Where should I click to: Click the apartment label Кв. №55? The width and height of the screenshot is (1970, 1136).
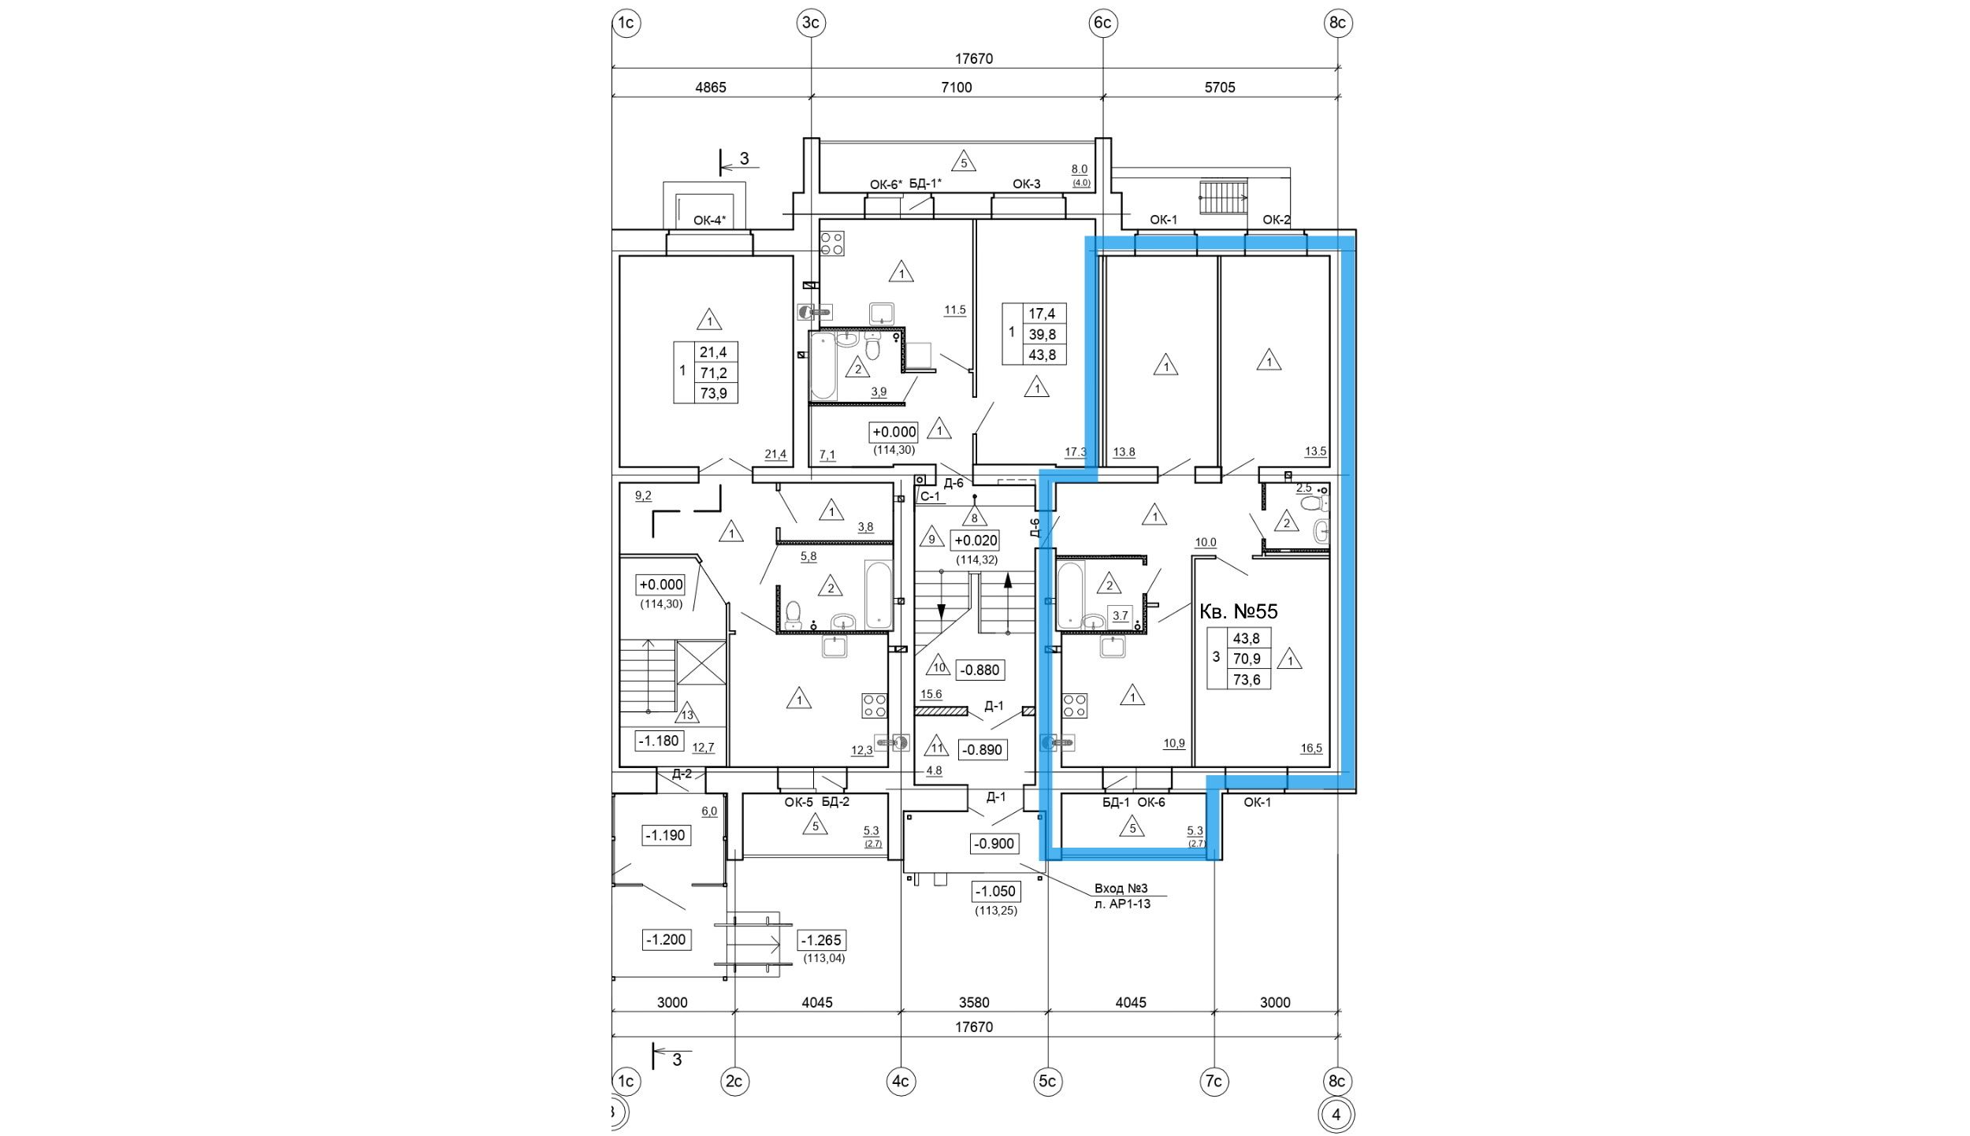pyautogui.click(x=1238, y=611)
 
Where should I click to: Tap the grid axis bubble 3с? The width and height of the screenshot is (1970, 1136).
pyautogui.click(x=811, y=24)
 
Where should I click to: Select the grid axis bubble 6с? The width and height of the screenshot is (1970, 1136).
pyautogui.click(x=1102, y=24)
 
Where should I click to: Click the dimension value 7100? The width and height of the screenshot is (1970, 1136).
pyautogui.click(x=956, y=87)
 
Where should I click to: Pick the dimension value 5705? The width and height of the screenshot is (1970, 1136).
pyautogui.click(x=1220, y=87)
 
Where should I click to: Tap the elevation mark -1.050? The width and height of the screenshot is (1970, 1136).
pyautogui.click(x=996, y=892)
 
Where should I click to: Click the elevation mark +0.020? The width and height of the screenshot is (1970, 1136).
pyautogui.click(x=976, y=540)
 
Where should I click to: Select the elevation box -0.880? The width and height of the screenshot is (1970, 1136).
pyautogui.click(x=980, y=670)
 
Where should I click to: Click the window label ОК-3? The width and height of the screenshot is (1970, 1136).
pyautogui.click(x=1026, y=184)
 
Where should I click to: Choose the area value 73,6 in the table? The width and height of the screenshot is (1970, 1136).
pyautogui.click(x=1246, y=679)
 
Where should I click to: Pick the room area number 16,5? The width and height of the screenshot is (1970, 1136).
pyautogui.click(x=1311, y=748)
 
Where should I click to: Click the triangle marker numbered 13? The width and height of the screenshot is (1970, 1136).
pyautogui.click(x=687, y=713)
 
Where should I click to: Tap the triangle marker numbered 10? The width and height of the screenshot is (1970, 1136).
pyautogui.click(x=939, y=666)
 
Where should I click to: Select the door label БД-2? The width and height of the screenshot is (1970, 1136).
pyautogui.click(x=835, y=803)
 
